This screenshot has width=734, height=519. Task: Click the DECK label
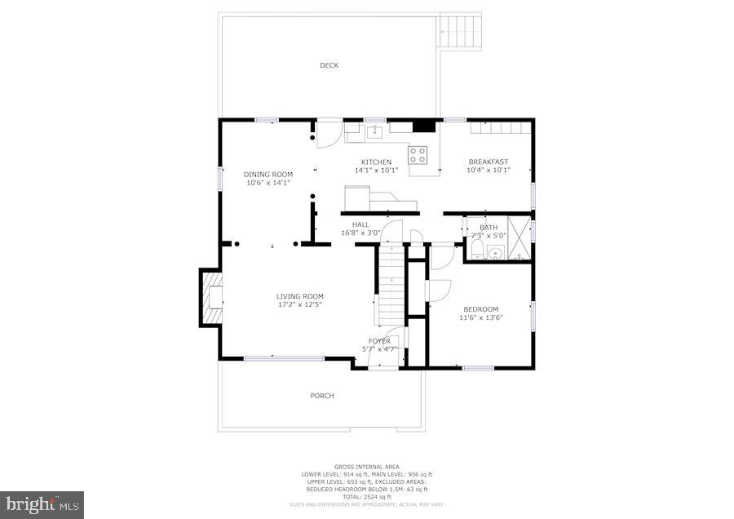coord(329,65)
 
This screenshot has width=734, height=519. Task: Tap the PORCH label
coord(322,396)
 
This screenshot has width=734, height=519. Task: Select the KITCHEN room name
coord(376,162)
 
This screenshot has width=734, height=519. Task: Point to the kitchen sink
coord(375,130)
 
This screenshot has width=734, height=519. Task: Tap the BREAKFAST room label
coord(488,162)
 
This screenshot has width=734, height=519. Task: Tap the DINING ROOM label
coord(268,174)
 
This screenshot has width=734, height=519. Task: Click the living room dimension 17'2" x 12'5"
coord(300,305)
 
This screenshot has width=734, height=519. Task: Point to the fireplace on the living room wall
coord(211,298)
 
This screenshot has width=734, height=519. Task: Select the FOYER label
coord(379,340)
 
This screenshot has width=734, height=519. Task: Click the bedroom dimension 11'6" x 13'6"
coord(480,317)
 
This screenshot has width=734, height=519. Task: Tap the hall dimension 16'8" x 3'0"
coord(360,233)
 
